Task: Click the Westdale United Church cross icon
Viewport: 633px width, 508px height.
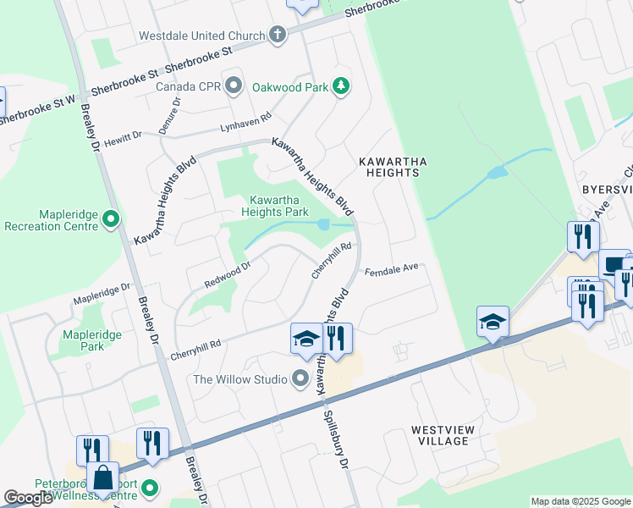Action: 277,36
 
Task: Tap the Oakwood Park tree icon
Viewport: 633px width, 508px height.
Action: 340,86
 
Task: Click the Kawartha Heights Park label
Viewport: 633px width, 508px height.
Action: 273,206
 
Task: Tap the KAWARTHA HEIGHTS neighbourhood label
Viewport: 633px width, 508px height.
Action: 388,166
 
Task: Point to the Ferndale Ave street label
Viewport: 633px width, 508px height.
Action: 392,270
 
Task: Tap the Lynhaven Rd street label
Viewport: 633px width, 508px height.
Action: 245,124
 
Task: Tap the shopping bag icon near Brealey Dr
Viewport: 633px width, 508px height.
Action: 102,478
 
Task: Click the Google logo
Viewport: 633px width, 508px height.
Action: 28,498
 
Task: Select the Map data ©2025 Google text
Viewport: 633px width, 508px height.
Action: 581,501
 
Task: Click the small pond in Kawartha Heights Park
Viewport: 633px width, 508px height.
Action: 324,224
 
